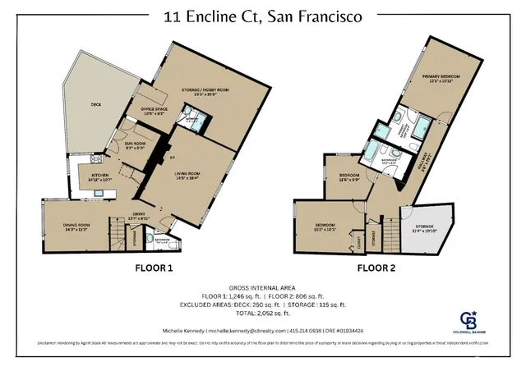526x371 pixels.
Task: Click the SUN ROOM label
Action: (x=135, y=146)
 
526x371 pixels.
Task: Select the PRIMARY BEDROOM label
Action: (x=442, y=78)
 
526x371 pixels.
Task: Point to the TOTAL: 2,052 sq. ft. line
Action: (x=263, y=314)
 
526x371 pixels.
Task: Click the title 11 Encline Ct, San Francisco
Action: (x=263, y=15)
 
